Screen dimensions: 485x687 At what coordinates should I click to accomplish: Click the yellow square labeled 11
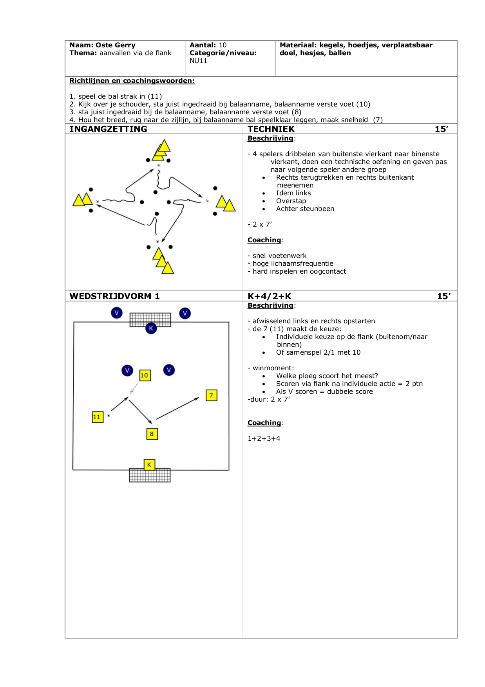click(98, 417)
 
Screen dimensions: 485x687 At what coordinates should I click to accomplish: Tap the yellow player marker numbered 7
click(212, 395)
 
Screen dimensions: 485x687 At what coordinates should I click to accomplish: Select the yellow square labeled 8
click(152, 434)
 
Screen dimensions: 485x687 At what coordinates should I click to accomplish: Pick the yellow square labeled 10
click(145, 375)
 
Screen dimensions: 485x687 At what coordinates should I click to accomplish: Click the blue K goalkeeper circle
click(151, 328)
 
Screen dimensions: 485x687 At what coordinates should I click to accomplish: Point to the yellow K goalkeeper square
click(149, 465)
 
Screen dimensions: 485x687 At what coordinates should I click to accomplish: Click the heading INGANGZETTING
click(108, 129)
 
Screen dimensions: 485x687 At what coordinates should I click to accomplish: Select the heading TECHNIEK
click(271, 129)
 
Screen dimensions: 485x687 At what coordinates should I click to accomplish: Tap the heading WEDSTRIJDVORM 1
click(114, 296)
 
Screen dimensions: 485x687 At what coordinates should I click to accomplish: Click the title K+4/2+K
click(270, 296)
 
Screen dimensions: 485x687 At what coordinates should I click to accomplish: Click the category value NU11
click(198, 61)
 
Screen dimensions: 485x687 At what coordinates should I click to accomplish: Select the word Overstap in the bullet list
click(291, 201)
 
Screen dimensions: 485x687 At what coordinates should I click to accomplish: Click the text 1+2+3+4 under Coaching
click(264, 438)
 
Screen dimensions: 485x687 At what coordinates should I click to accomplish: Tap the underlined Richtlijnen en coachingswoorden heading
click(132, 81)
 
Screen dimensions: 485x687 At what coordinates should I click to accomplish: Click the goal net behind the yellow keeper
click(150, 475)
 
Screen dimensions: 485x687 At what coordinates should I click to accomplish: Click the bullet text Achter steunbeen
click(305, 209)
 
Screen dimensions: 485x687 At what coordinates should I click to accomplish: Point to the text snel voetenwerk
click(280, 256)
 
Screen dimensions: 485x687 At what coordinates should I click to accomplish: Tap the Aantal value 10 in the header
click(223, 45)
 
